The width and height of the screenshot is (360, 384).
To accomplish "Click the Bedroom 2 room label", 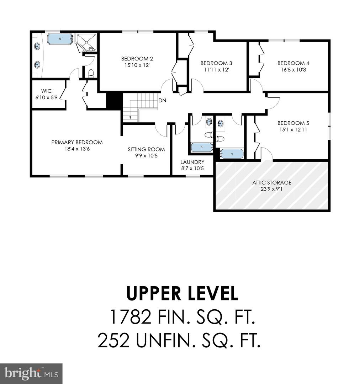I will pyautogui.click(x=137, y=59).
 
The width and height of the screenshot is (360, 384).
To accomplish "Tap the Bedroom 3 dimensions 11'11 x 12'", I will pyautogui.click(x=213, y=70).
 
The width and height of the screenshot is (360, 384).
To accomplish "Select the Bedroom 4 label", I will pyautogui.click(x=291, y=63).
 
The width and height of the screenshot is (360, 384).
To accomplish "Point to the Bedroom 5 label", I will pyautogui.click(x=291, y=123).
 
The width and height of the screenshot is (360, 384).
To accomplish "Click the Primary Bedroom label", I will pyautogui.click(x=77, y=142).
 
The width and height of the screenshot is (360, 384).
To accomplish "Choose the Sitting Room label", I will pyautogui.click(x=146, y=149).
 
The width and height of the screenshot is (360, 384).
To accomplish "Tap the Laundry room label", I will pyautogui.click(x=192, y=162).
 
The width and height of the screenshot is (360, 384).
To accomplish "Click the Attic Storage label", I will pyautogui.click(x=272, y=182).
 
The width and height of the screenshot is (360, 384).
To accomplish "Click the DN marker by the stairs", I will pyautogui.click(x=162, y=101).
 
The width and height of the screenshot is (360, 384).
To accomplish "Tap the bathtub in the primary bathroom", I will pyautogui.click(x=60, y=38).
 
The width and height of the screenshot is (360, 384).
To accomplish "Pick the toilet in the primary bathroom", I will pyautogui.click(x=91, y=73).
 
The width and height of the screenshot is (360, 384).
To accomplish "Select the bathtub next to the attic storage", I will pyautogui.click(x=232, y=154).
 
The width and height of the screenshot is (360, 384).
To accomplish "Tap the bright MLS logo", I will pyautogui.click(x=31, y=373).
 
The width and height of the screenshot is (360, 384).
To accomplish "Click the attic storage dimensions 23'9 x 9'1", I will pyautogui.click(x=272, y=189).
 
